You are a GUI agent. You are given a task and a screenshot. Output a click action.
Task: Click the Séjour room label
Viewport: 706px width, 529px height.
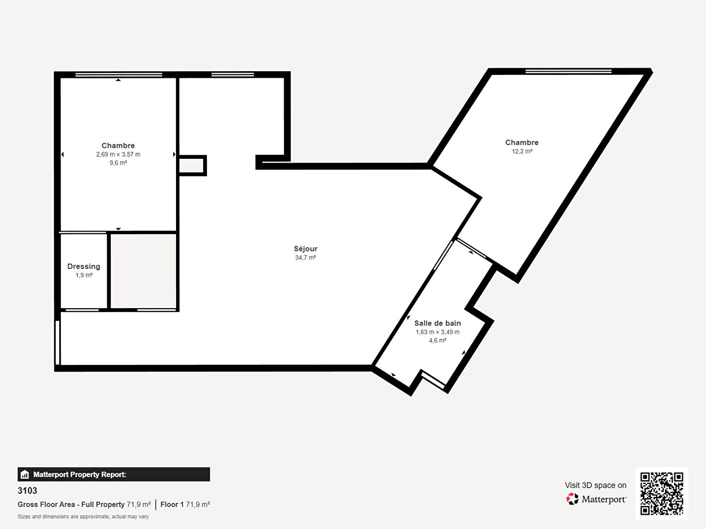point(305,249)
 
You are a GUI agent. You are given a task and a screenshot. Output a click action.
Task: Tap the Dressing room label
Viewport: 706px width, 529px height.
point(84,266)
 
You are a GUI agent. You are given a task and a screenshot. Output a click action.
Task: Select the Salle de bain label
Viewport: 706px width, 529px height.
point(437,323)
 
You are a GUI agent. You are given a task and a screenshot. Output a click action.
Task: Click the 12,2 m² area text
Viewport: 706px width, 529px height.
point(522,151)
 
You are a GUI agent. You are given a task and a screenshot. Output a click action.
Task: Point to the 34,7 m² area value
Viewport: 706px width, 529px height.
point(305,257)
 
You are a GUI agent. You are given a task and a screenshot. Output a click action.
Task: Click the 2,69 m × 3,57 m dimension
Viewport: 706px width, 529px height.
point(118,154)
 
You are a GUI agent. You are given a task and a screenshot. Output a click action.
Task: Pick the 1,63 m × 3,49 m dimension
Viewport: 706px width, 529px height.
point(437,332)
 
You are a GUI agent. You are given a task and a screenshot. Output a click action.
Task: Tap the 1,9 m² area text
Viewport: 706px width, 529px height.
point(84,275)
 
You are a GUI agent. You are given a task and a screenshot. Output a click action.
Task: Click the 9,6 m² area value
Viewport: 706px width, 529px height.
point(118,163)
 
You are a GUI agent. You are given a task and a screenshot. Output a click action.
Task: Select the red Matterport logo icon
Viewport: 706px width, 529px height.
point(572,499)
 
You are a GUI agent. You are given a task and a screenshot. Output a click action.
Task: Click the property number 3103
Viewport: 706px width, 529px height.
point(27,490)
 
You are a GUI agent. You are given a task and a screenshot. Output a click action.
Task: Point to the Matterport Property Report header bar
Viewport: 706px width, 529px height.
point(114,475)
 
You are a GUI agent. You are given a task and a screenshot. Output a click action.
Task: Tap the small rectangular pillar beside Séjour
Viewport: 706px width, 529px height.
point(192,166)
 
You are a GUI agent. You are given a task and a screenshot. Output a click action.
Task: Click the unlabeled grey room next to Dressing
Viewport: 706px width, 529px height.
point(144,271)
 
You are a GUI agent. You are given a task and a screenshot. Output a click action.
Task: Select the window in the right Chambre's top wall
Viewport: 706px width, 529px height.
point(568,72)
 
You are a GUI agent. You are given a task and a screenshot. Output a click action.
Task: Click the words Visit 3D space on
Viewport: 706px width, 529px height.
point(595,485)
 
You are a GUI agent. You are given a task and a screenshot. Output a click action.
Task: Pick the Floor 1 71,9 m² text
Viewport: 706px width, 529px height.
point(185,505)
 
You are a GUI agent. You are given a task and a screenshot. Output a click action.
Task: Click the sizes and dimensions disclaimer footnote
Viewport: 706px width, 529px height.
point(83,516)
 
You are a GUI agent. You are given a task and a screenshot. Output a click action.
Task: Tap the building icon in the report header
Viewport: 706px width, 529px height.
point(25,475)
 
